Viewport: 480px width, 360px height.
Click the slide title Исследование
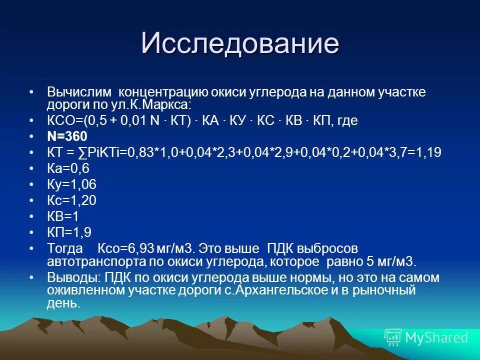pos(239,43)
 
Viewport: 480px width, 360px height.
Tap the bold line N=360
pos(67,136)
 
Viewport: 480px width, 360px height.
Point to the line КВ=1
pos(63,216)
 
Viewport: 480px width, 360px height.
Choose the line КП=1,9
pos(69,232)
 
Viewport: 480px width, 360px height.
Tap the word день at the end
pos(63,302)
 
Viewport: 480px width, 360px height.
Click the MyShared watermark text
pos(436,337)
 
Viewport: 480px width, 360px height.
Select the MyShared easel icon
pos(392,337)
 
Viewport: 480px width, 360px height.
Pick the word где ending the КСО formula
pos(347,121)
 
